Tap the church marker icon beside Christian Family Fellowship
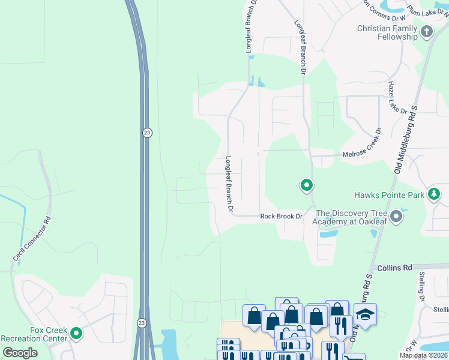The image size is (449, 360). [x=427, y=32]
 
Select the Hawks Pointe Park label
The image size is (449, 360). [x=388, y=195]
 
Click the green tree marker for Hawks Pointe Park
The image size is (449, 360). [x=434, y=194]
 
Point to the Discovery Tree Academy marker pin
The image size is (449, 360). [x=396, y=216]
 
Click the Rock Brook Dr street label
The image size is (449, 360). [x=280, y=217]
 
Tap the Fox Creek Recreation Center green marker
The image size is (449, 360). [x=76, y=333]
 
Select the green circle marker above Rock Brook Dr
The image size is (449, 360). [x=306, y=185]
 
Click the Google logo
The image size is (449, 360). [x=20, y=353]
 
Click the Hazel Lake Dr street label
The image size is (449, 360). [x=397, y=98]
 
